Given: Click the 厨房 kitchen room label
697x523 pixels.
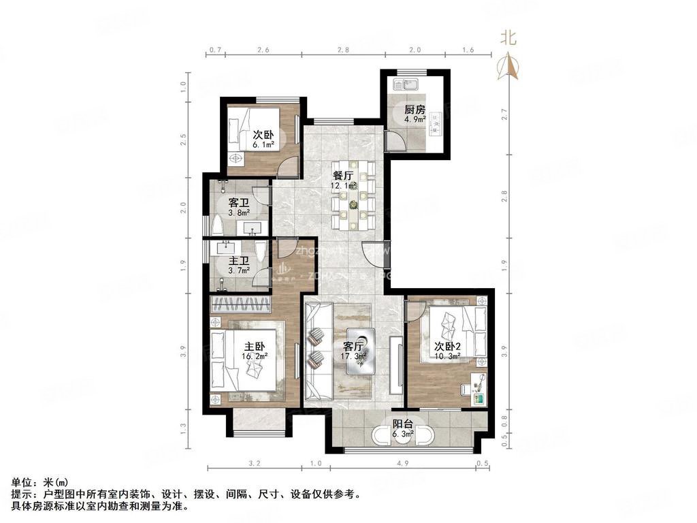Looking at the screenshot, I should tap(415, 109).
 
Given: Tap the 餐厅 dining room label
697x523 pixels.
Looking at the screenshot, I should tap(342, 173).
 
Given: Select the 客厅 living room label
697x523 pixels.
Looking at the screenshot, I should tap(355, 345).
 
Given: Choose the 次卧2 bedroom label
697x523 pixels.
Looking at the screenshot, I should tap(448, 345).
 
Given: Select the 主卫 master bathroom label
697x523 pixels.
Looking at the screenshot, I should tap(238, 261).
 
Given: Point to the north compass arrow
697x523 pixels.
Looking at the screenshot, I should tap(508, 67).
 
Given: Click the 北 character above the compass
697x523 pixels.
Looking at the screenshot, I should tap(508, 38).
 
